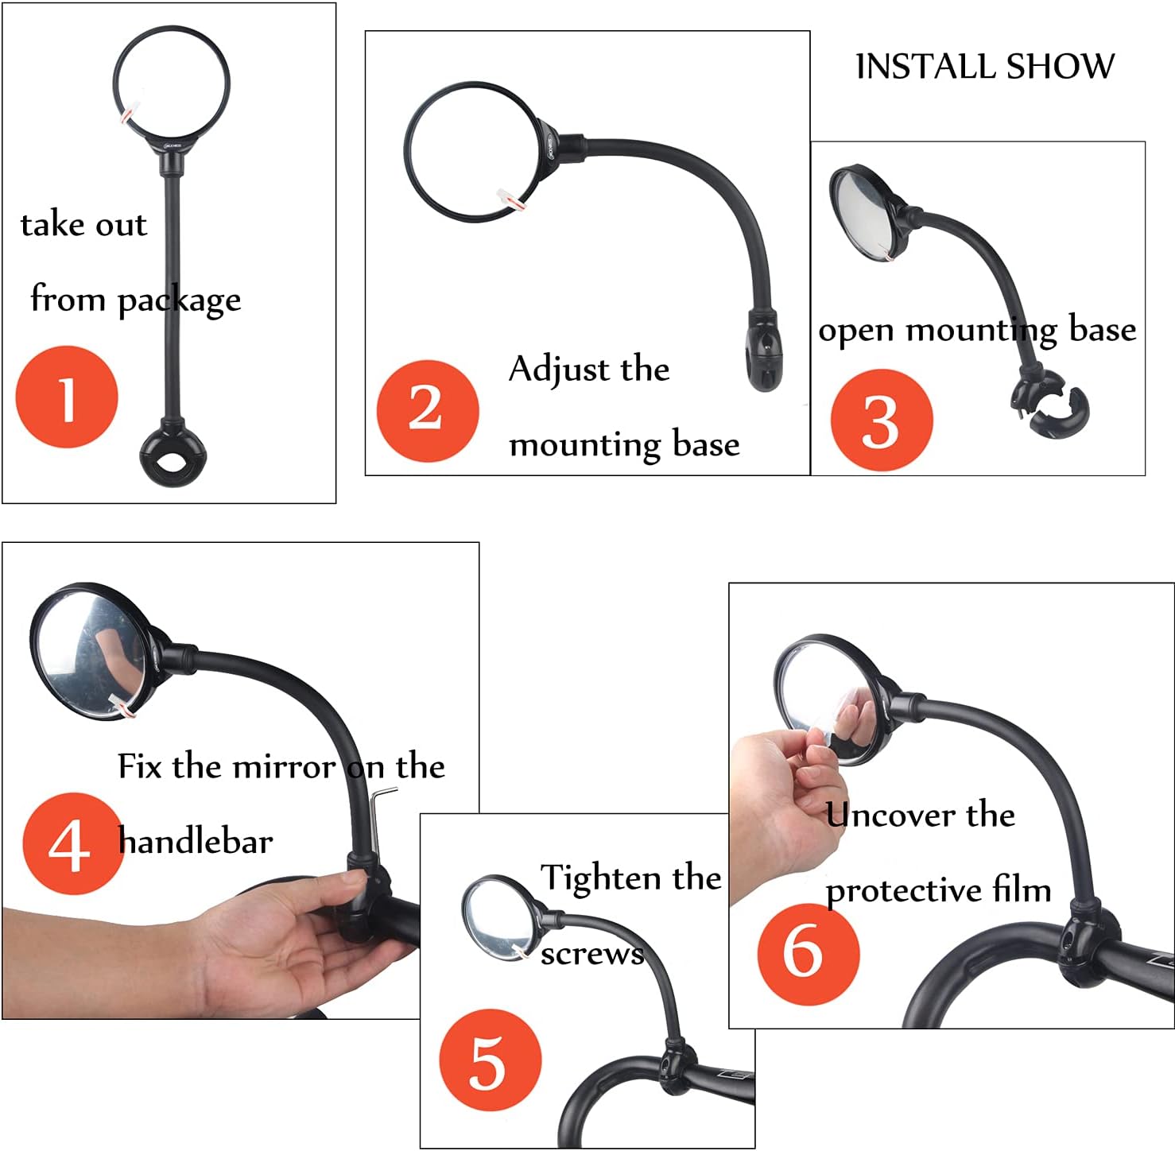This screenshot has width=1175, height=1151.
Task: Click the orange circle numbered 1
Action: pos(67,397)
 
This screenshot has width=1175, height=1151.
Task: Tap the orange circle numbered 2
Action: pos(427,410)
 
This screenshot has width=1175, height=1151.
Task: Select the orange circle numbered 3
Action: pos(881,420)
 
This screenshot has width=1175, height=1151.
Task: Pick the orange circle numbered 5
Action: pos(490,1060)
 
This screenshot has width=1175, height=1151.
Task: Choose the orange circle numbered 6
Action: pos(808,952)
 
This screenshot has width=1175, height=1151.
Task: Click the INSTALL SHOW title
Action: pos(984,67)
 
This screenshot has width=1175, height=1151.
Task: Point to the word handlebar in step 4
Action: pos(196,841)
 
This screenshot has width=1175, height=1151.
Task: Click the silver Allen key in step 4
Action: pos(380,819)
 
